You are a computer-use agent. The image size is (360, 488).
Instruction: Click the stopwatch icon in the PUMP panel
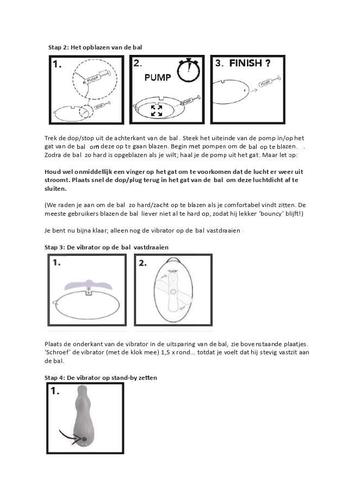click(x=188, y=71)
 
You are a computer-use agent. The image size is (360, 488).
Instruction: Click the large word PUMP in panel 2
click(x=158, y=78)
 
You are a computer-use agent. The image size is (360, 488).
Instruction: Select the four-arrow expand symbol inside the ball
click(x=156, y=111)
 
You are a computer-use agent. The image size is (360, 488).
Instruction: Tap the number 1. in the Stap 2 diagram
click(x=58, y=65)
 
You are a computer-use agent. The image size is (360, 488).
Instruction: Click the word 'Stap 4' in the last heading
click(x=55, y=377)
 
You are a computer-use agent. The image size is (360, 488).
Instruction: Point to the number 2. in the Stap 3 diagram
click(x=142, y=263)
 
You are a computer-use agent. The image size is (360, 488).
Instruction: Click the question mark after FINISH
click(x=268, y=63)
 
